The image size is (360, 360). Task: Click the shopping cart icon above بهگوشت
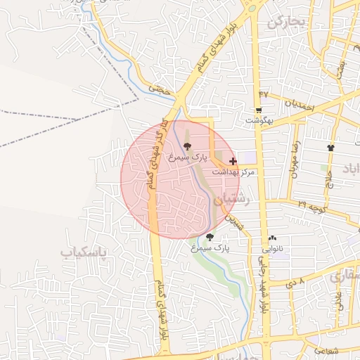259,110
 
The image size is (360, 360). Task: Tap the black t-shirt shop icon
331,148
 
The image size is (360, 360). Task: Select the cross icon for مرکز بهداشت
233,161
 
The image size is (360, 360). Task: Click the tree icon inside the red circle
186,146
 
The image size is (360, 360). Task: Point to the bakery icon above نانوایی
272,238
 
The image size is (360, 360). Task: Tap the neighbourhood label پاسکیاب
86,252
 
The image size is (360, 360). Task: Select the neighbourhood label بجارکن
287,22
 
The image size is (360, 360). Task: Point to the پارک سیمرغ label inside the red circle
186,159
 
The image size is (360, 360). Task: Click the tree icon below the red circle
210,237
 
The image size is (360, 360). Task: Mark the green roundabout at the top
250,10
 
